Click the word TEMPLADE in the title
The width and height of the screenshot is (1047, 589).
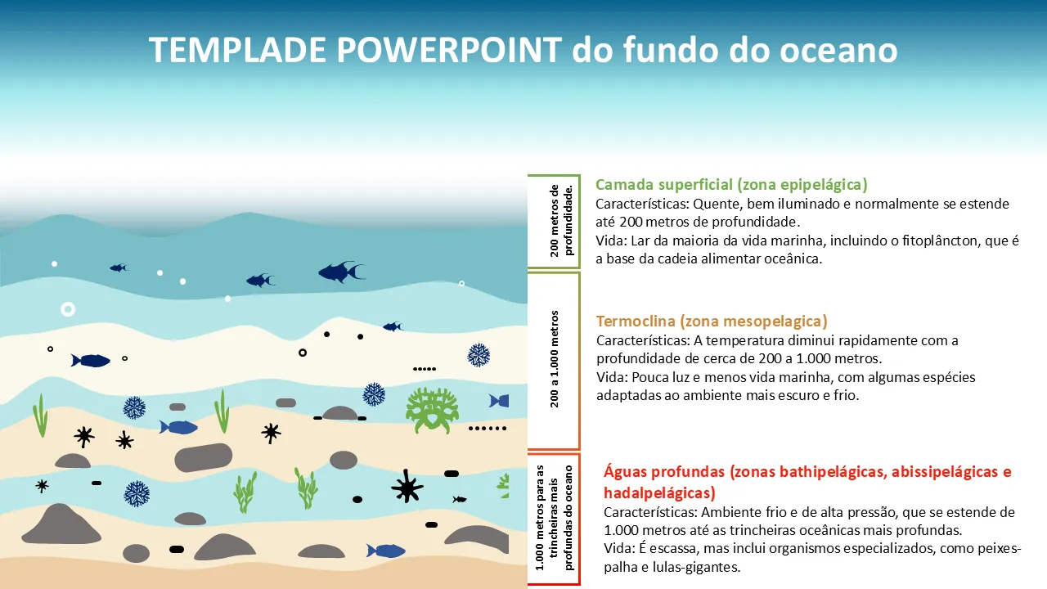point(237,50)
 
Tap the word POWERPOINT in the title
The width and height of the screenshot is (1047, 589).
point(449,50)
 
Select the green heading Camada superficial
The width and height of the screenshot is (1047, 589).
point(664,185)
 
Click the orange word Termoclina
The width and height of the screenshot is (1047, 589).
point(636,321)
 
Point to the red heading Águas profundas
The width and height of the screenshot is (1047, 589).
point(664,472)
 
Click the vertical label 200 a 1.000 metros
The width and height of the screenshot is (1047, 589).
point(555,359)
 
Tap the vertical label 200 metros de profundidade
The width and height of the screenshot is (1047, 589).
point(561,221)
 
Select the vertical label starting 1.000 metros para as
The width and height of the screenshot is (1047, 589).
point(555,518)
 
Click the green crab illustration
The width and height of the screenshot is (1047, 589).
point(432,410)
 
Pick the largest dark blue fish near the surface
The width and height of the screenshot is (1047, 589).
point(341,272)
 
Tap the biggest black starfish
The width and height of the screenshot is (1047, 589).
point(407,487)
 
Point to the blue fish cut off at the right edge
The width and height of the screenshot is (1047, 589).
point(499,401)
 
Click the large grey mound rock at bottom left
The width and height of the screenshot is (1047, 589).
point(61,525)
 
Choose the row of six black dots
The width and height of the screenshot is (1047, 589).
point(488,428)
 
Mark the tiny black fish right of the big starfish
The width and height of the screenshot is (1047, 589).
point(460,499)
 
